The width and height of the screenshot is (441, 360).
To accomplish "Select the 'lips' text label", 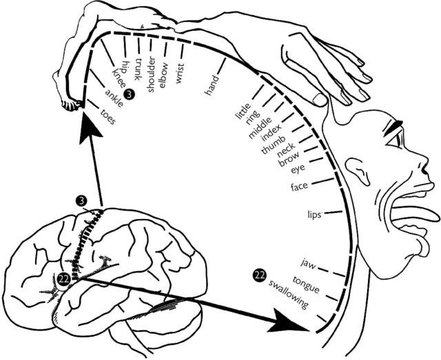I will point(315,215).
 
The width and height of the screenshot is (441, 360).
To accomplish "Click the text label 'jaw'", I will point(307,263).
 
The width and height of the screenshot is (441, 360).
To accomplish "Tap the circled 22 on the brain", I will point(63,278).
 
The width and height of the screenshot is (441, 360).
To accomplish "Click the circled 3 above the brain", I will point(83,200).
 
